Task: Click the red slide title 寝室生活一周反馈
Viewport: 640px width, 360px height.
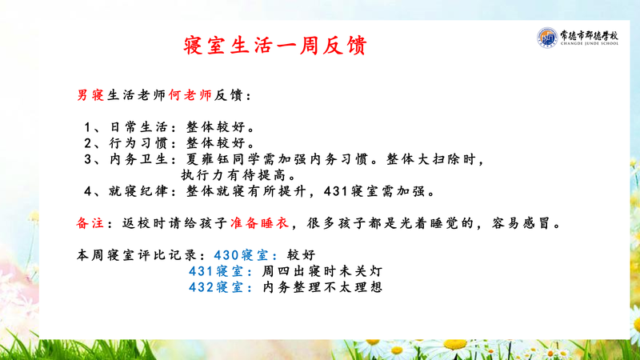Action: tap(275, 46)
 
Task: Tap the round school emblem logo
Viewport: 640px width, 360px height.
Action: tap(547, 38)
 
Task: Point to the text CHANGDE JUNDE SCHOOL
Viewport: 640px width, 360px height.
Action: tap(590, 43)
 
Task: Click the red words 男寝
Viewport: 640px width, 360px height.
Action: tap(90, 95)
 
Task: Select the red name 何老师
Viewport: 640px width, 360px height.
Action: tap(190, 95)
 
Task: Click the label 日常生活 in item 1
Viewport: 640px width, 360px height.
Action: tap(138, 127)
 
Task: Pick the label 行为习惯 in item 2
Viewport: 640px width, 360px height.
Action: tap(138, 143)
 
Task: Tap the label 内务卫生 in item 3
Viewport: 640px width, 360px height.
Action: tap(138, 158)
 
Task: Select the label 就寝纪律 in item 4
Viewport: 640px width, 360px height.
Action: tap(138, 191)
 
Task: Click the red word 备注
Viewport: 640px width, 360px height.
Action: tap(90, 223)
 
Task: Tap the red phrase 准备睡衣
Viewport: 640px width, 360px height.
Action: tap(259, 223)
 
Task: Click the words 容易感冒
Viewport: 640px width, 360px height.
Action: tap(521, 223)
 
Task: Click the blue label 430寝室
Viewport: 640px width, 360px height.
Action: tap(241, 255)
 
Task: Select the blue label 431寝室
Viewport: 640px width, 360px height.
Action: tap(215, 271)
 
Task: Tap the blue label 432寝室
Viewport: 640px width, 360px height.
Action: tap(215, 287)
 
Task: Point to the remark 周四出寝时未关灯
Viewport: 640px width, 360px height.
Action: tap(322, 271)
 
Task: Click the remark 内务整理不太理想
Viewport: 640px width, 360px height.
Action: tap(322, 287)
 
